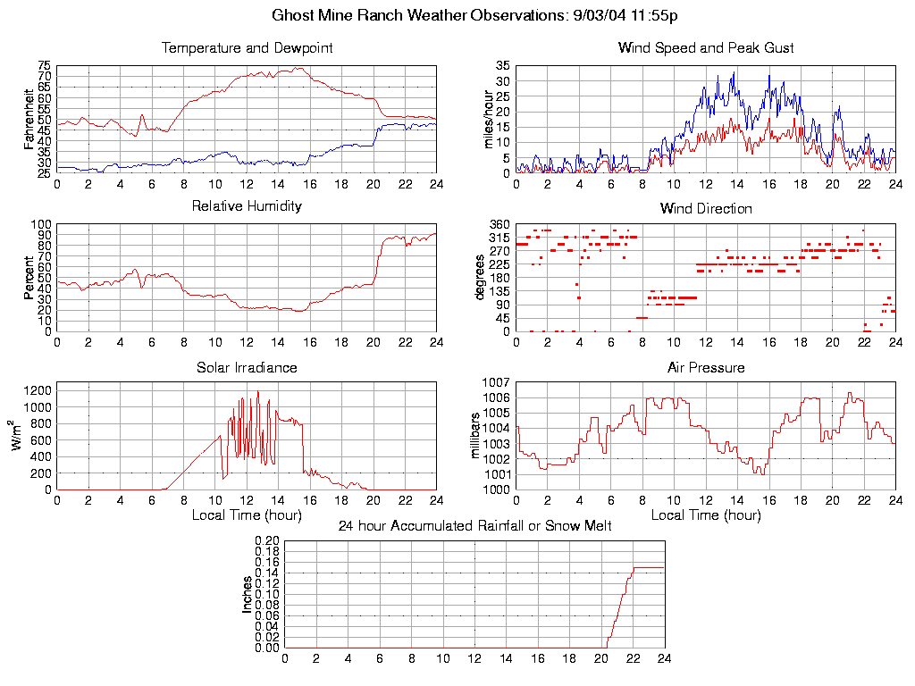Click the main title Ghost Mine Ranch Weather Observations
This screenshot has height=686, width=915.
click(x=475, y=15)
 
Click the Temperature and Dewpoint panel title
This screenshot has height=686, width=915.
click(x=247, y=48)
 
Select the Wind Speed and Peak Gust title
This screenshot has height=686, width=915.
click(x=706, y=48)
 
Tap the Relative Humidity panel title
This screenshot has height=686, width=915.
click(x=247, y=206)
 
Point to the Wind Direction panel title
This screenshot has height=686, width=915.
click(x=706, y=209)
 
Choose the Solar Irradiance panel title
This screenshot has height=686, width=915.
click(x=247, y=367)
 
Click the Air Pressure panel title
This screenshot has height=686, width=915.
click(x=706, y=367)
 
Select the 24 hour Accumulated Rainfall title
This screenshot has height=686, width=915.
click(x=474, y=526)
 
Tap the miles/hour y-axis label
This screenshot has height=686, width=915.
click(x=488, y=119)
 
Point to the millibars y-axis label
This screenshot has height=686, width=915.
click(x=476, y=435)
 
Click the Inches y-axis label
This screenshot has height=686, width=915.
click(x=248, y=594)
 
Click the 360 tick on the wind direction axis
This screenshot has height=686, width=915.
click(x=499, y=224)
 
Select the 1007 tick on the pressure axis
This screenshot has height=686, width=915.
click(x=497, y=382)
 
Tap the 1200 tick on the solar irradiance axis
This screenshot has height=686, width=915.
click(x=40, y=390)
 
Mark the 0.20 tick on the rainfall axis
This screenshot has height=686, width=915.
click(x=268, y=540)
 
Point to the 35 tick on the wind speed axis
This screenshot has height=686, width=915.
click(x=503, y=66)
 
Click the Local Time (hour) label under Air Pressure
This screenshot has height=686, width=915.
click(x=706, y=515)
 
